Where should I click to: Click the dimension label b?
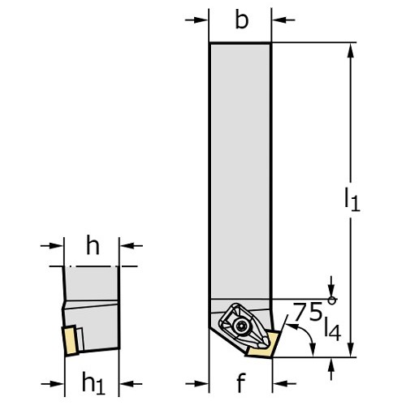click(x=242, y=19)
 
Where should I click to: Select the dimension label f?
click(x=241, y=382)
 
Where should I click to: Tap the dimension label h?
click(x=93, y=245)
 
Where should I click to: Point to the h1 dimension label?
click(x=93, y=382)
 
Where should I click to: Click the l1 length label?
click(x=352, y=200)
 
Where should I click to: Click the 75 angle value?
click(x=308, y=312)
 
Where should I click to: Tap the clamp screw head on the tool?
click(x=240, y=326)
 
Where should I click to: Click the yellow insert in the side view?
click(x=70, y=341)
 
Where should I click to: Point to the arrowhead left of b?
click(x=201, y=19)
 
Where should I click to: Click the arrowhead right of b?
click(x=279, y=19)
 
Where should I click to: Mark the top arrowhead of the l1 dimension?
click(x=351, y=50)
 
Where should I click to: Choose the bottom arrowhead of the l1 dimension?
click(x=351, y=349)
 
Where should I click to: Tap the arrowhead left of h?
click(x=56, y=245)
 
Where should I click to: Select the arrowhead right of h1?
click(x=127, y=383)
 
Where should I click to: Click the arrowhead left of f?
click(x=201, y=383)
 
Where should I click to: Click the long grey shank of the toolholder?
click(x=240, y=171)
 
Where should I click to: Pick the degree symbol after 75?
click(x=332, y=300)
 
